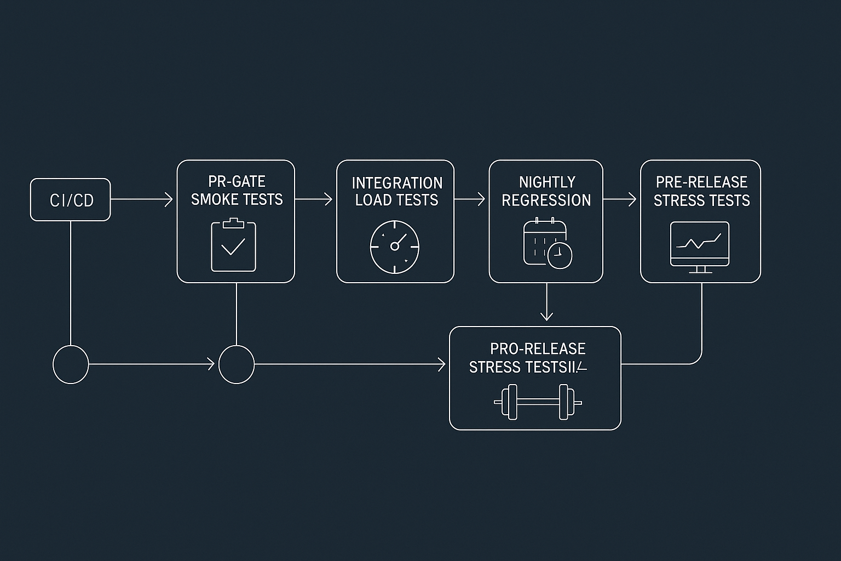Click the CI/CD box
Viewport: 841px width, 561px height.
(x=70, y=200)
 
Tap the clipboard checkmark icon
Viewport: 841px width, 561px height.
(x=234, y=246)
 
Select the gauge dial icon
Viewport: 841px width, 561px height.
(x=395, y=247)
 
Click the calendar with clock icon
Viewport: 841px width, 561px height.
(x=548, y=244)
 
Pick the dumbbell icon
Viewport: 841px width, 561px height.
(x=538, y=402)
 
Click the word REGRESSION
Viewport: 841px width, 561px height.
(x=546, y=201)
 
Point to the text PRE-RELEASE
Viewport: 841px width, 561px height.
(x=701, y=182)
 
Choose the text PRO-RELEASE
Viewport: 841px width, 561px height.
(x=538, y=349)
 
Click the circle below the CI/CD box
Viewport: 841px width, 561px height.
(x=71, y=364)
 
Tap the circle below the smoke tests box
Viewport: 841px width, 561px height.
(x=237, y=364)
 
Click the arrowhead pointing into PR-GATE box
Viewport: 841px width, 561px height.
(x=169, y=199)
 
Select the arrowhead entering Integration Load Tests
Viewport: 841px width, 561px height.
(x=329, y=199)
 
